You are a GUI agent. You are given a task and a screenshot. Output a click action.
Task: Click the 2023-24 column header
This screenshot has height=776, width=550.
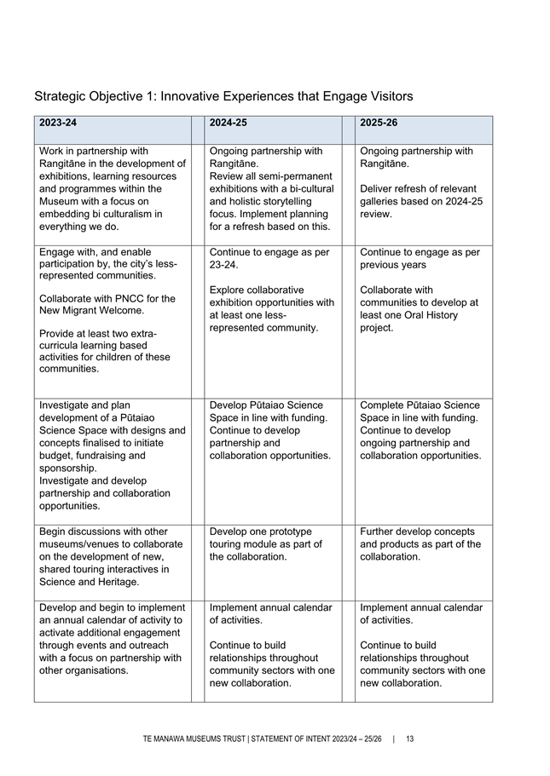click(x=58, y=124)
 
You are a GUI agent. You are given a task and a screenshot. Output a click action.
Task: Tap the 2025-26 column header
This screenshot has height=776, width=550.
click(x=379, y=124)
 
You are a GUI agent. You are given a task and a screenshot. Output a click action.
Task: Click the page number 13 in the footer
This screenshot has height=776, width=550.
click(x=410, y=738)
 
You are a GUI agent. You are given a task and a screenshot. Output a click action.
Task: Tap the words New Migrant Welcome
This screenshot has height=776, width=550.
click(x=90, y=312)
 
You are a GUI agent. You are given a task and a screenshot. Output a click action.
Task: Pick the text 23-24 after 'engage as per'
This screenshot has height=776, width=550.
click(x=223, y=265)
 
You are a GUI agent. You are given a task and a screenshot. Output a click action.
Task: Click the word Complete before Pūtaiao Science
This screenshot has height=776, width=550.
click(x=385, y=405)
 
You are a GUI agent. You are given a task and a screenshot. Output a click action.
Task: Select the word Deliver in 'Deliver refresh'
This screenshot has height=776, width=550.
click(x=379, y=188)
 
